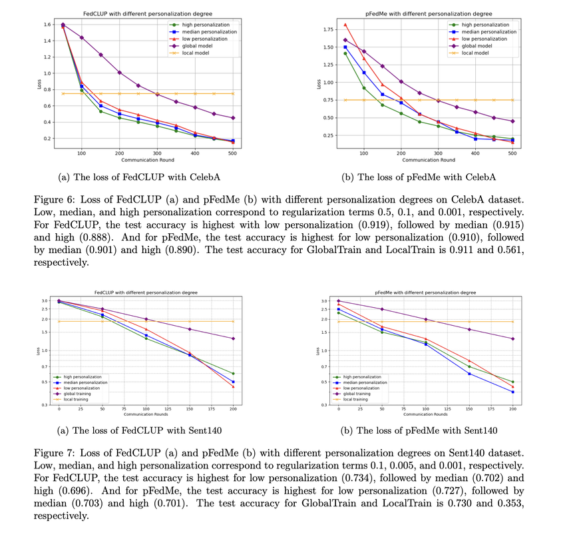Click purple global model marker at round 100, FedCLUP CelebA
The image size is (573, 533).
[81, 37]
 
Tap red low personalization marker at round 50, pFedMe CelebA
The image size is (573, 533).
[345, 25]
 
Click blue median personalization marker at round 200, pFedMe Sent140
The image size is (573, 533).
[512, 392]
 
